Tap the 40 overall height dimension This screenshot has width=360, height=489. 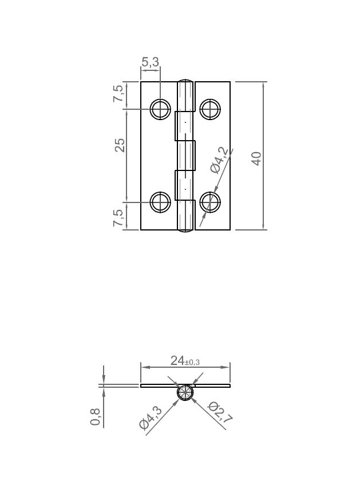pyautogui.click(x=257, y=158)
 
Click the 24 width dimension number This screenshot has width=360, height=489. pyautogui.click(x=177, y=360)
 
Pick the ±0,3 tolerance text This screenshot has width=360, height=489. pyautogui.click(x=192, y=362)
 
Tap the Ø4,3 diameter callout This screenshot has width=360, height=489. pyautogui.click(x=151, y=417)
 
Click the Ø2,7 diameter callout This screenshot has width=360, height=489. pyautogui.click(x=220, y=413)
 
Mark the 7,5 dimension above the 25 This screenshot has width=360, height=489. pyautogui.click(x=118, y=94)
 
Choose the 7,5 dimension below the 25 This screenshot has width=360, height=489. pyautogui.click(x=118, y=218)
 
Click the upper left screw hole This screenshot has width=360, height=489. pyautogui.click(x=160, y=109)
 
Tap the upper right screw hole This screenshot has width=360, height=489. pyautogui.click(x=210, y=109)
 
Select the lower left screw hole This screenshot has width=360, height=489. pyautogui.click(x=160, y=202)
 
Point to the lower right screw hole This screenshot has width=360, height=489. pyautogui.click(x=210, y=202)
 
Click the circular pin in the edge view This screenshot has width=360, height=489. pyautogui.click(x=185, y=393)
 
